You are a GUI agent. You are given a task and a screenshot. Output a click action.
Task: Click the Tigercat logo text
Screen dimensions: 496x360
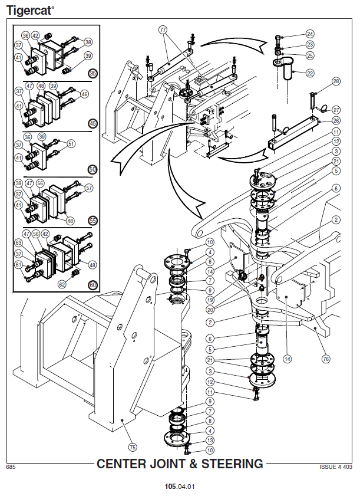coord(30,10)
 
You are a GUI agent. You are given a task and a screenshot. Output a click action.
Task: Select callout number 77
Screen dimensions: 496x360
coord(163,29)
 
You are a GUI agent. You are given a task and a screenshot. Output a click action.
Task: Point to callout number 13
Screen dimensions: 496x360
coord(210,440)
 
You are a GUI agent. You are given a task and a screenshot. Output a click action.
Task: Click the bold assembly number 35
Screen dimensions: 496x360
coord(93,73)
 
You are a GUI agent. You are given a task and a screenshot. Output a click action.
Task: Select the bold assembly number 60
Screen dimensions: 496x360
coord(93,285)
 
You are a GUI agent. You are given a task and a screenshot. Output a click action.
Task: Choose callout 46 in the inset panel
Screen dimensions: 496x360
coord(84,94)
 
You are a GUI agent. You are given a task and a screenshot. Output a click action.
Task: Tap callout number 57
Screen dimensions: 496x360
coord(89,188)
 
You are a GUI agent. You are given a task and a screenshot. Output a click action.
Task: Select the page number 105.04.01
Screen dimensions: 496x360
coord(180,487)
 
